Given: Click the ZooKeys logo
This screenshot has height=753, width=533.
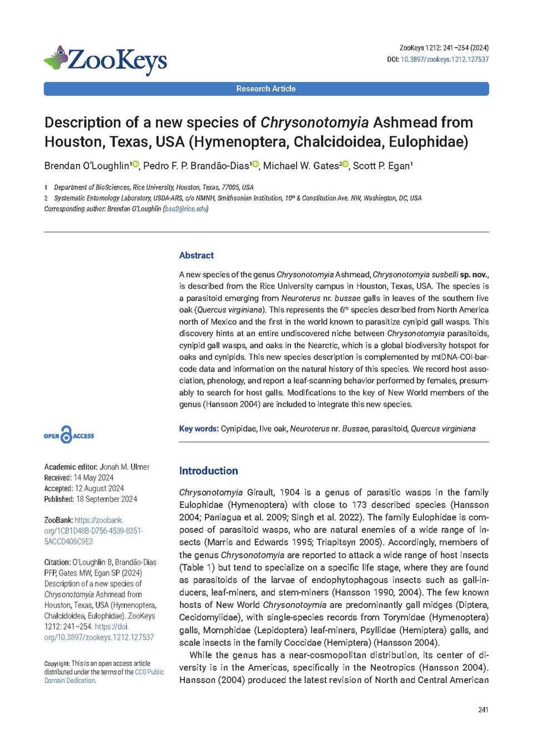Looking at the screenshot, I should [x=105, y=60].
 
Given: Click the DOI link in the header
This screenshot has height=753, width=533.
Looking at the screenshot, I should [x=445, y=59].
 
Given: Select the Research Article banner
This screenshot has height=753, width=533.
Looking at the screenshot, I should [x=266, y=89].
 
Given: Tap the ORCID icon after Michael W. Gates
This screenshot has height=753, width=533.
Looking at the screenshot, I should [x=345, y=164].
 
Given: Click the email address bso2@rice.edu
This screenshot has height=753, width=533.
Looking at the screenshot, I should [x=185, y=209].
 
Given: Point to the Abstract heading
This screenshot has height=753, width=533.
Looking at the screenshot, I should [x=197, y=256].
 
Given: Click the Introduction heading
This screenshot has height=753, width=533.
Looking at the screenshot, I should [x=208, y=471].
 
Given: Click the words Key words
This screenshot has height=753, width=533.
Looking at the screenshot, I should [x=198, y=429].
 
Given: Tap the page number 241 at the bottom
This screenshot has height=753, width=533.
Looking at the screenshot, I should [x=483, y=710].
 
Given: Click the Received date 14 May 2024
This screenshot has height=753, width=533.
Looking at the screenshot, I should [x=93, y=477].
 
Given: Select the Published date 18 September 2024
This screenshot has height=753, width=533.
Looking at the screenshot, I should [x=107, y=499].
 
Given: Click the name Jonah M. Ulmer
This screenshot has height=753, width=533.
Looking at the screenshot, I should [x=124, y=467].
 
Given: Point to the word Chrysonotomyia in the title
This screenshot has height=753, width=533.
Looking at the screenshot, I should [x=314, y=123].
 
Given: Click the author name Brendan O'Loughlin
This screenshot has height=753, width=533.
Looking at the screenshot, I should [x=87, y=166].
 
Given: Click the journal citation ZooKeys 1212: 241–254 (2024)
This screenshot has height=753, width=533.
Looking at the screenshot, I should [x=444, y=48].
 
